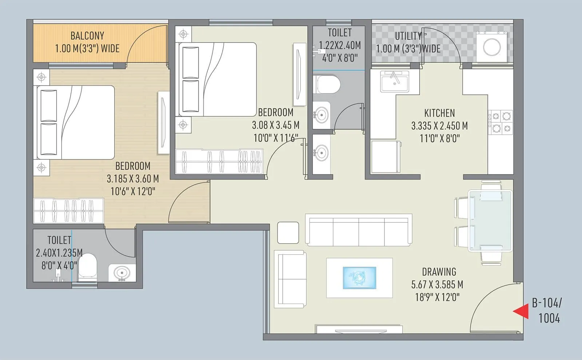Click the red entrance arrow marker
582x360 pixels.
tap(522, 311)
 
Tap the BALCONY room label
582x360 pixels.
tap(87, 36)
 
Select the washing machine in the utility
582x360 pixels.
tap(491, 47)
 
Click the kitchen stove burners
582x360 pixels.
tap(501, 122)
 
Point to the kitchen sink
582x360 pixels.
tap(395, 80)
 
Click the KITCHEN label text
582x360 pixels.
tap(439, 113)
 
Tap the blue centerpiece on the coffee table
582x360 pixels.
tap(359, 278)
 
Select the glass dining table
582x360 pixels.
tap(490, 221)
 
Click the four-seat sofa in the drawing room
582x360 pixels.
tap(359, 230)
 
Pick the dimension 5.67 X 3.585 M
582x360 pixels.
tap(437, 285)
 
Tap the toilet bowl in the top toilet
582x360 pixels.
tap(326, 84)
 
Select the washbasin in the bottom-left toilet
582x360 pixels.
tap(121, 273)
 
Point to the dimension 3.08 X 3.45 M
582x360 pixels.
tap(276, 125)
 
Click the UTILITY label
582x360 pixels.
tap(408, 36)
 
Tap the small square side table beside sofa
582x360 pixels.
tap(288, 233)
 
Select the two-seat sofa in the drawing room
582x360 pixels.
tap(290, 279)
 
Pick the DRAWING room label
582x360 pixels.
tap(439, 272)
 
